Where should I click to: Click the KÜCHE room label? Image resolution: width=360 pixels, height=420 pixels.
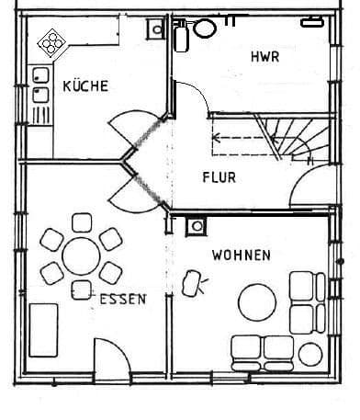click(x=85, y=86)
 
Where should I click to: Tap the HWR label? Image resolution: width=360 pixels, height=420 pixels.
click(x=264, y=57)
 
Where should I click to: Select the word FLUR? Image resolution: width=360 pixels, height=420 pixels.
click(x=219, y=177)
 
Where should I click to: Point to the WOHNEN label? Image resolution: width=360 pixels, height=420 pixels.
click(x=242, y=255)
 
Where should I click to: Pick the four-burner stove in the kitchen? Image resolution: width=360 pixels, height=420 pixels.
click(x=52, y=42)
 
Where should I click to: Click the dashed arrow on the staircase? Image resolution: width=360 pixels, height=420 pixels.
click(x=241, y=141)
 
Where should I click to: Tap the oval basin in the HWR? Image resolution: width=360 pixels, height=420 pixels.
click(x=205, y=29)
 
